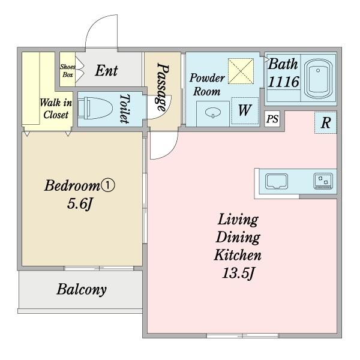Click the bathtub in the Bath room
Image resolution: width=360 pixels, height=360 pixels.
coord(318,79)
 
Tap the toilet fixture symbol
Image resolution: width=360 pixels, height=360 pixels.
coord(95,108)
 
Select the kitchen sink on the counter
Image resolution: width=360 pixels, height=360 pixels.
coord(277,181)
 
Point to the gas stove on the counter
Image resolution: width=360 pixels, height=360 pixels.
coord(323,181)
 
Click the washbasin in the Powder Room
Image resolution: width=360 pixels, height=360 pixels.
coord(213,113)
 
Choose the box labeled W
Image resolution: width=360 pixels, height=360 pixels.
coord(245,110)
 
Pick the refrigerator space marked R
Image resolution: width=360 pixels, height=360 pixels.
coord(326,122)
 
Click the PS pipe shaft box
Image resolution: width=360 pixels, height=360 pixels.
coord(272,119)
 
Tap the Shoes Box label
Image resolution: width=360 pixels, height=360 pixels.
coord(68,71)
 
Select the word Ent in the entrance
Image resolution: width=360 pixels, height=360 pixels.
coord(107,70)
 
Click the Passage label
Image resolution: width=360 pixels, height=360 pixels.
coord(163,87)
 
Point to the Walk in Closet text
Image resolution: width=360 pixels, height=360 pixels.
coord(56,109)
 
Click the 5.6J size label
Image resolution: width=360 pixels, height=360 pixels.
coord(80,203)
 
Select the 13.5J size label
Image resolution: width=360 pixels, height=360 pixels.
coord(238,273)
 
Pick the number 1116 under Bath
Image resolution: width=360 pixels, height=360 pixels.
coord(284,82)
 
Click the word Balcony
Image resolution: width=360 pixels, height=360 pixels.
coord(82,289)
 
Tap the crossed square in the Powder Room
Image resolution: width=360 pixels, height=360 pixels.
coord(241,71)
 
